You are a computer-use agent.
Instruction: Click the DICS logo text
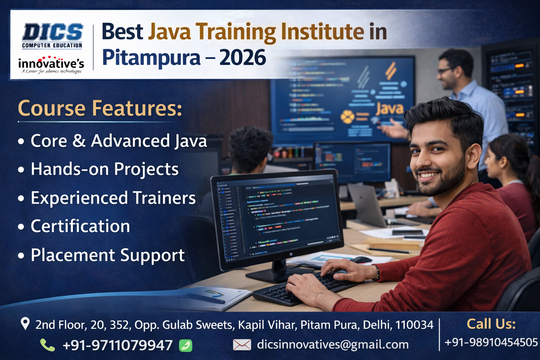point(52,33)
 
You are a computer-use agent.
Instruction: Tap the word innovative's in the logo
point(51,64)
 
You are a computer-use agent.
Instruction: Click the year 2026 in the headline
point(243,58)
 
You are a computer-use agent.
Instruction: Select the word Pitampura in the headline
point(152,58)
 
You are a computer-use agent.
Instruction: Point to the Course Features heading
point(100,108)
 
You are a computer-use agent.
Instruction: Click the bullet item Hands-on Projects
point(105,169)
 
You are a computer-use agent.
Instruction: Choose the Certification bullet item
point(80,226)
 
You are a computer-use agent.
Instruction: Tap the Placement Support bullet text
point(108,255)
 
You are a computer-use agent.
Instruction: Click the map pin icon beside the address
point(25,323)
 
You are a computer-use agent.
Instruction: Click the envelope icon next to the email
point(242,345)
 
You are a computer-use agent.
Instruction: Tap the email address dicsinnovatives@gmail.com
point(333,345)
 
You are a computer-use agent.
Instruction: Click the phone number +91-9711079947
point(117,345)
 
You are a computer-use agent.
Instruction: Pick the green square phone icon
point(186,346)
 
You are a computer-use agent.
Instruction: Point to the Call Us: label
point(491,324)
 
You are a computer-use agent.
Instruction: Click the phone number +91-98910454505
point(491,342)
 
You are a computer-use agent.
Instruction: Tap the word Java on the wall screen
point(390,109)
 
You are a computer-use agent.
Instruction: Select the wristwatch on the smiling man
point(377,273)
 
